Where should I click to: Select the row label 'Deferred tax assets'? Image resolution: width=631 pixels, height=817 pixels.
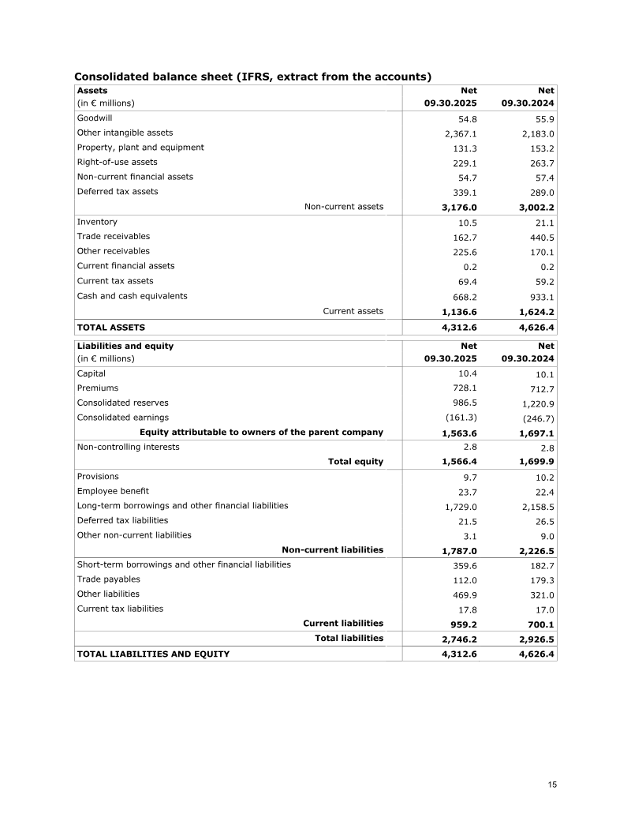click(x=117, y=191)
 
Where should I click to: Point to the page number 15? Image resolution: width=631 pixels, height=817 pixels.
click(x=552, y=785)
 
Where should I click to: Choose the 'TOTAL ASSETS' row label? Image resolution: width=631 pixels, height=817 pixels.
click(x=110, y=326)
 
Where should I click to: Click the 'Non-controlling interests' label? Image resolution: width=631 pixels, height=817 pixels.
click(x=128, y=447)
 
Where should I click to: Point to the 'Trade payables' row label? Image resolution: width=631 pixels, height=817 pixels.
click(x=108, y=579)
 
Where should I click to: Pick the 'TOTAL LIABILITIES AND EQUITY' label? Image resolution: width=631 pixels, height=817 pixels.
click(x=153, y=654)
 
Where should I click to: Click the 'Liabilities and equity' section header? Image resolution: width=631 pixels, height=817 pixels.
click(x=125, y=346)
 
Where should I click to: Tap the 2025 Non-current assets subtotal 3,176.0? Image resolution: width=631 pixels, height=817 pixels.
click(x=456, y=208)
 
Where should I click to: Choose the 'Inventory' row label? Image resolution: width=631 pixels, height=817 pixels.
click(x=97, y=222)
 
